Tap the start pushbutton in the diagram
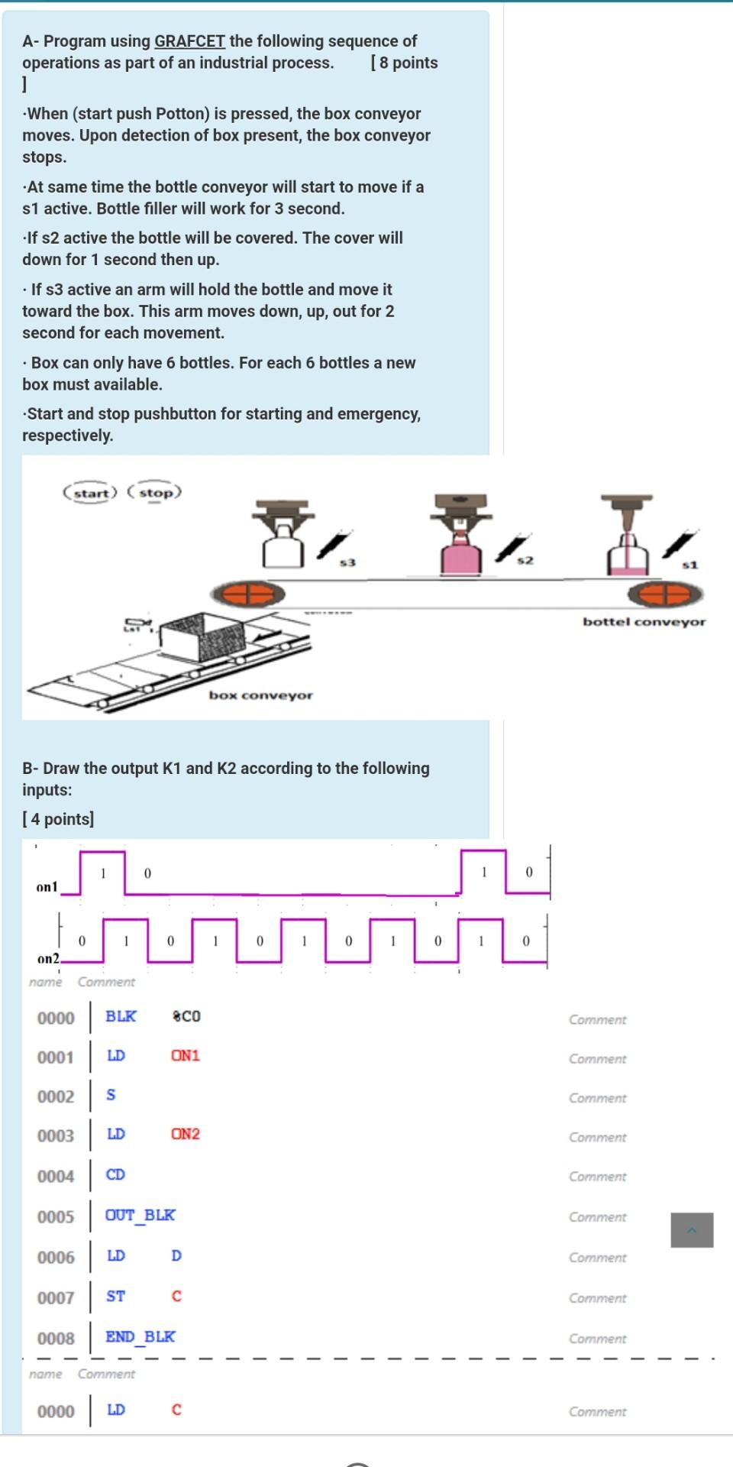pos(90,493)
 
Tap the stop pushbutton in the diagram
pos(155,493)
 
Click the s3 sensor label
pos(347,563)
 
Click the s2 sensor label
pos(524,562)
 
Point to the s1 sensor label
pos(689,565)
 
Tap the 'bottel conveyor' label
pos(644,622)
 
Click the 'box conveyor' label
pos(260,695)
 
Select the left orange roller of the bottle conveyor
pos(247,593)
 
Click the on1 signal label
pos(47,887)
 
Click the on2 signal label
pos(47,958)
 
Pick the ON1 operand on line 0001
pos(185,1056)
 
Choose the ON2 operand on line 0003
pos(185,1134)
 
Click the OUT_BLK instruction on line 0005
pos(140,1215)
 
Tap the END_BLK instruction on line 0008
pos(140,1336)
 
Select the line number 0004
pos(56,1176)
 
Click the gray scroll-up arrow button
pos(692,1230)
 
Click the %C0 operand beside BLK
pos(186,1016)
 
